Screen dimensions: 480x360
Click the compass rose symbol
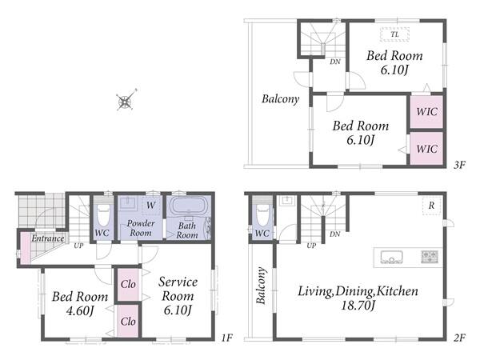pyautogui.click(x=126, y=101)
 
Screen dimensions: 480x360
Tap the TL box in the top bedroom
pyautogui.click(x=395, y=34)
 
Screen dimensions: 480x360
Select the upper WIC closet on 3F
pyautogui.click(x=426, y=112)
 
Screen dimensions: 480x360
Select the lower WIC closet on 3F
pyautogui.click(x=426, y=149)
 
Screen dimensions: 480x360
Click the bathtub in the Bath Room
pyautogui.click(x=189, y=206)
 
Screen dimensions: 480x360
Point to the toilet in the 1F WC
pyautogui.click(x=103, y=214)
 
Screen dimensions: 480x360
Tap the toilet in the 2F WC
pyautogui.click(x=262, y=214)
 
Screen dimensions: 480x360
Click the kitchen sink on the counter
pyautogui.click(x=391, y=257)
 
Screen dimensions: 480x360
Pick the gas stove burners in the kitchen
pyautogui.click(x=430, y=257)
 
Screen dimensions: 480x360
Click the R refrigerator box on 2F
pyautogui.click(x=432, y=206)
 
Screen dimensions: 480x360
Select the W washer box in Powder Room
pyautogui.click(x=150, y=206)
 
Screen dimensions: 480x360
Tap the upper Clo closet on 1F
pyautogui.click(x=128, y=284)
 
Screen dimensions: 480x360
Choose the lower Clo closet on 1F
pyautogui.click(x=128, y=322)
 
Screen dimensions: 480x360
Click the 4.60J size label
pyautogui.click(x=79, y=311)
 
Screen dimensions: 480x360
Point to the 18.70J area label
pyautogui.click(x=358, y=306)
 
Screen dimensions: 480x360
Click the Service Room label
pyautogui.click(x=178, y=289)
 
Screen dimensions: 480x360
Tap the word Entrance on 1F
pyautogui.click(x=48, y=238)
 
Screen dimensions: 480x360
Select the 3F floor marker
pyautogui.click(x=459, y=166)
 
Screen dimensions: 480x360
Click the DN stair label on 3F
pyautogui.click(x=335, y=62)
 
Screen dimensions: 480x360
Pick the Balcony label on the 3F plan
pyautogui.click(x=281, y=99)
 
